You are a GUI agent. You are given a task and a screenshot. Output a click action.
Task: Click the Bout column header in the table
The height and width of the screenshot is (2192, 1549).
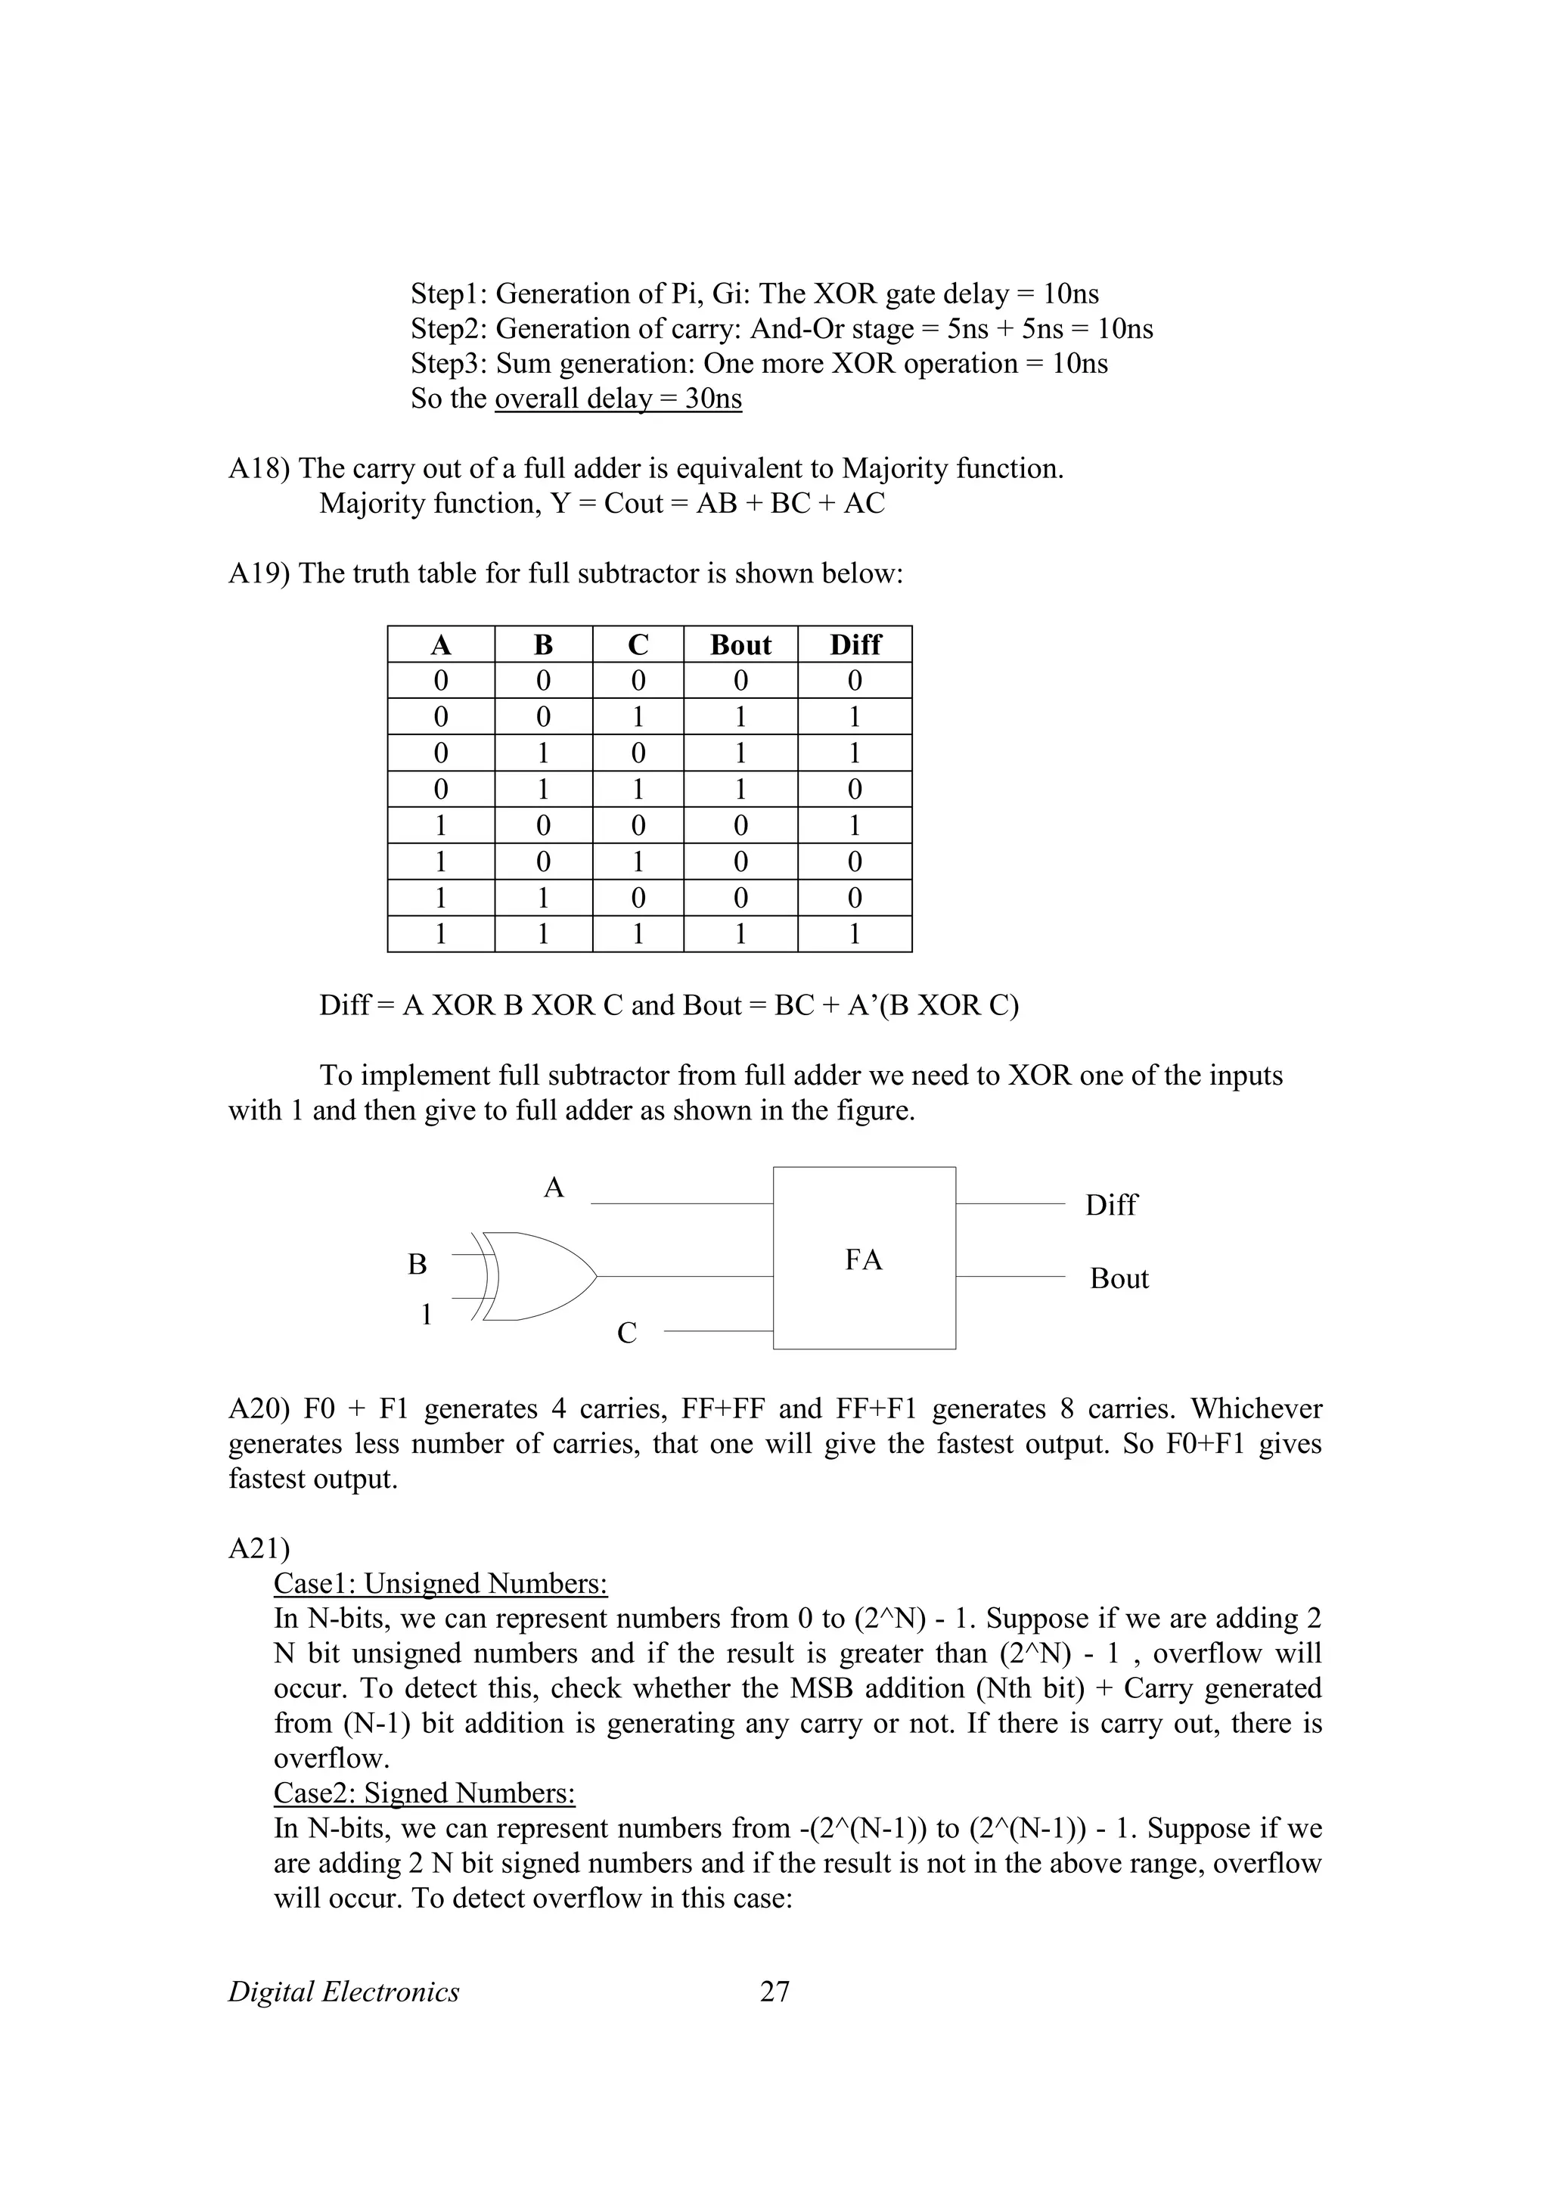[740, 644]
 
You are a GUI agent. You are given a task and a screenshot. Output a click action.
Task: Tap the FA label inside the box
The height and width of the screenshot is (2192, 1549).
[863, 1260]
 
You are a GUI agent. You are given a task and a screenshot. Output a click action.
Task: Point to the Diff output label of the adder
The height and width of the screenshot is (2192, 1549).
[1110, 1205]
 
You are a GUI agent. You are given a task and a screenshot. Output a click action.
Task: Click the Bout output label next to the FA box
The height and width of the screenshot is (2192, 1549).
[1119, 1278]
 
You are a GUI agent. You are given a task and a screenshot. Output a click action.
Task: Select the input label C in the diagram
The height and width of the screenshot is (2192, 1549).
[626, 1333]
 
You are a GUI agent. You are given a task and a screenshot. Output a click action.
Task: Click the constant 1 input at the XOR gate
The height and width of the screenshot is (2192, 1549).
[427, 1315]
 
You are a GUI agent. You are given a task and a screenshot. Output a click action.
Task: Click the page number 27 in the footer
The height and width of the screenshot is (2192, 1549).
[774, 1992]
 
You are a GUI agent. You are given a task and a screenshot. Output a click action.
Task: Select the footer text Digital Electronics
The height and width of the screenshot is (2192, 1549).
[343, 1992]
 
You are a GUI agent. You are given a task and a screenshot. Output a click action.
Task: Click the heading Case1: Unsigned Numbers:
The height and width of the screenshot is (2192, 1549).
[440, 1584]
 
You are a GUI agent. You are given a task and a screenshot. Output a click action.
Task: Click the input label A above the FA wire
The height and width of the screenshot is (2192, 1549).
[554, 1188]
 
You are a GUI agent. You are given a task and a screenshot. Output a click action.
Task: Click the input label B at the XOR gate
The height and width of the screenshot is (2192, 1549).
[417, 1264]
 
